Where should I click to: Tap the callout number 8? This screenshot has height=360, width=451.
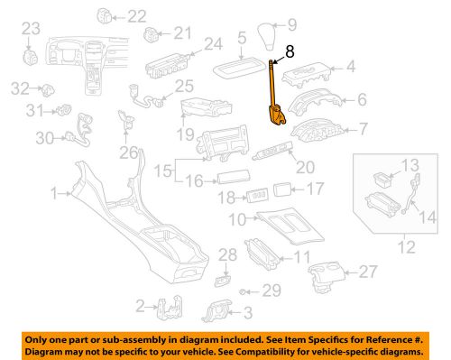(289, 53)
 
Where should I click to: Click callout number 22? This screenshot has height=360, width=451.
(135, 15)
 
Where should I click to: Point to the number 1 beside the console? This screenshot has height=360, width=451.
(54, 192)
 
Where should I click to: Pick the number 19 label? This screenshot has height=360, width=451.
(184, 135)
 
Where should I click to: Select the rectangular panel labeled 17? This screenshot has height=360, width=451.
(282, 190)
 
